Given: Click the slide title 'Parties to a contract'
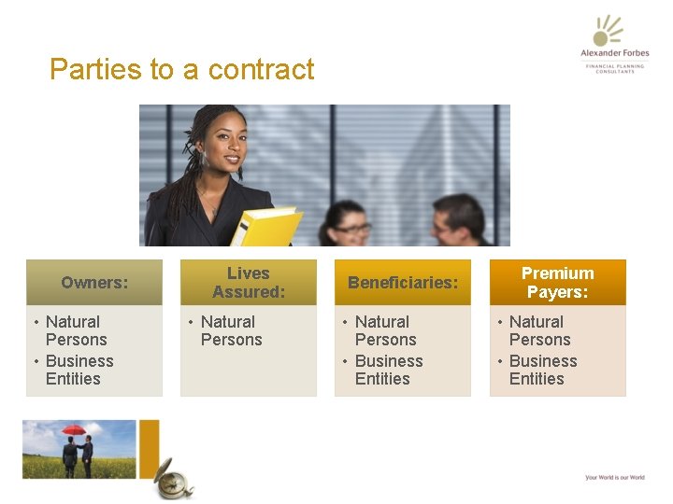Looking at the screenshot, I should tap(182, 70).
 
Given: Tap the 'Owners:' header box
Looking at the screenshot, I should tap(94, 282).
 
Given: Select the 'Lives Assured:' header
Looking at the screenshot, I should tap(249, 282).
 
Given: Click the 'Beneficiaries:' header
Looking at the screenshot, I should tap(403, 282).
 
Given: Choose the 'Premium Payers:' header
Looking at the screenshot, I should tap(557, 282).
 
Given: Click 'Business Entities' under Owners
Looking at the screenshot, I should tap(79, 370).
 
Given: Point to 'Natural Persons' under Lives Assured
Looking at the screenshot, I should tap(232, 330).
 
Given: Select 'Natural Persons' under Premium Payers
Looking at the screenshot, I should tap(539, 330).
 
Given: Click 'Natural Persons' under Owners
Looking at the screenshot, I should tap(77, 330).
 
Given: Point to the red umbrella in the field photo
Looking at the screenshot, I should tap(73, 430).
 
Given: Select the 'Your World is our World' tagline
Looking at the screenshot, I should tap(614, 478).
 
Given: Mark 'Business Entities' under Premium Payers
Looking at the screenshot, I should tap(543, 370).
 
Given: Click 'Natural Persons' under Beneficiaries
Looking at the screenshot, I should tap(386, 330).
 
